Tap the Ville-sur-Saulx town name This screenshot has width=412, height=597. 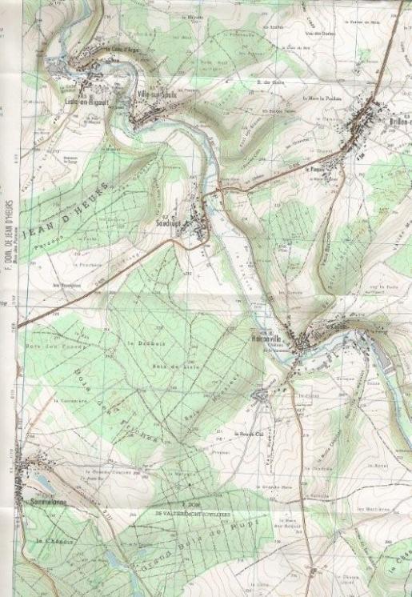pos(156,93)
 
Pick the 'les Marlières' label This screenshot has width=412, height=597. pos(373,509)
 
